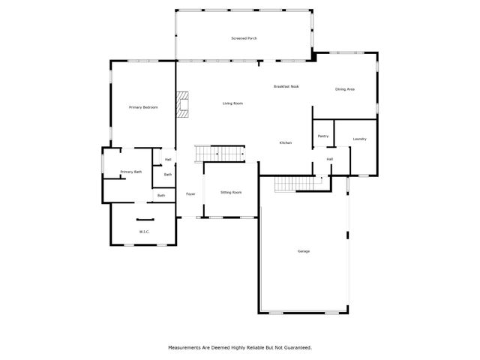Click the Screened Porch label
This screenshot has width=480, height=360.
244,38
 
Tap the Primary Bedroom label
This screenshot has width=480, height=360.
143,107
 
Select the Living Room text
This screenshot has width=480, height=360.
232,103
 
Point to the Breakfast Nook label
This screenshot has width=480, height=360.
286,86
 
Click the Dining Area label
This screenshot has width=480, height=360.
345,89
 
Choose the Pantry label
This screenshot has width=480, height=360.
323,136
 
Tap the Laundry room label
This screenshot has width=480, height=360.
359,139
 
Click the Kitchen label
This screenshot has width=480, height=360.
286,142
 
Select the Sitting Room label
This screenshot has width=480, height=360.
231,193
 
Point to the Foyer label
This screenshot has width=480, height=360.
191,194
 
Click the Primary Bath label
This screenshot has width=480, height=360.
131,172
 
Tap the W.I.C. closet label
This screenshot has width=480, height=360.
144,232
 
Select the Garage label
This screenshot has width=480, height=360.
304,251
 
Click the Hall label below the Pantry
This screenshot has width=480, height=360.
329,159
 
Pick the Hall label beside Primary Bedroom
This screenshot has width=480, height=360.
168,159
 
